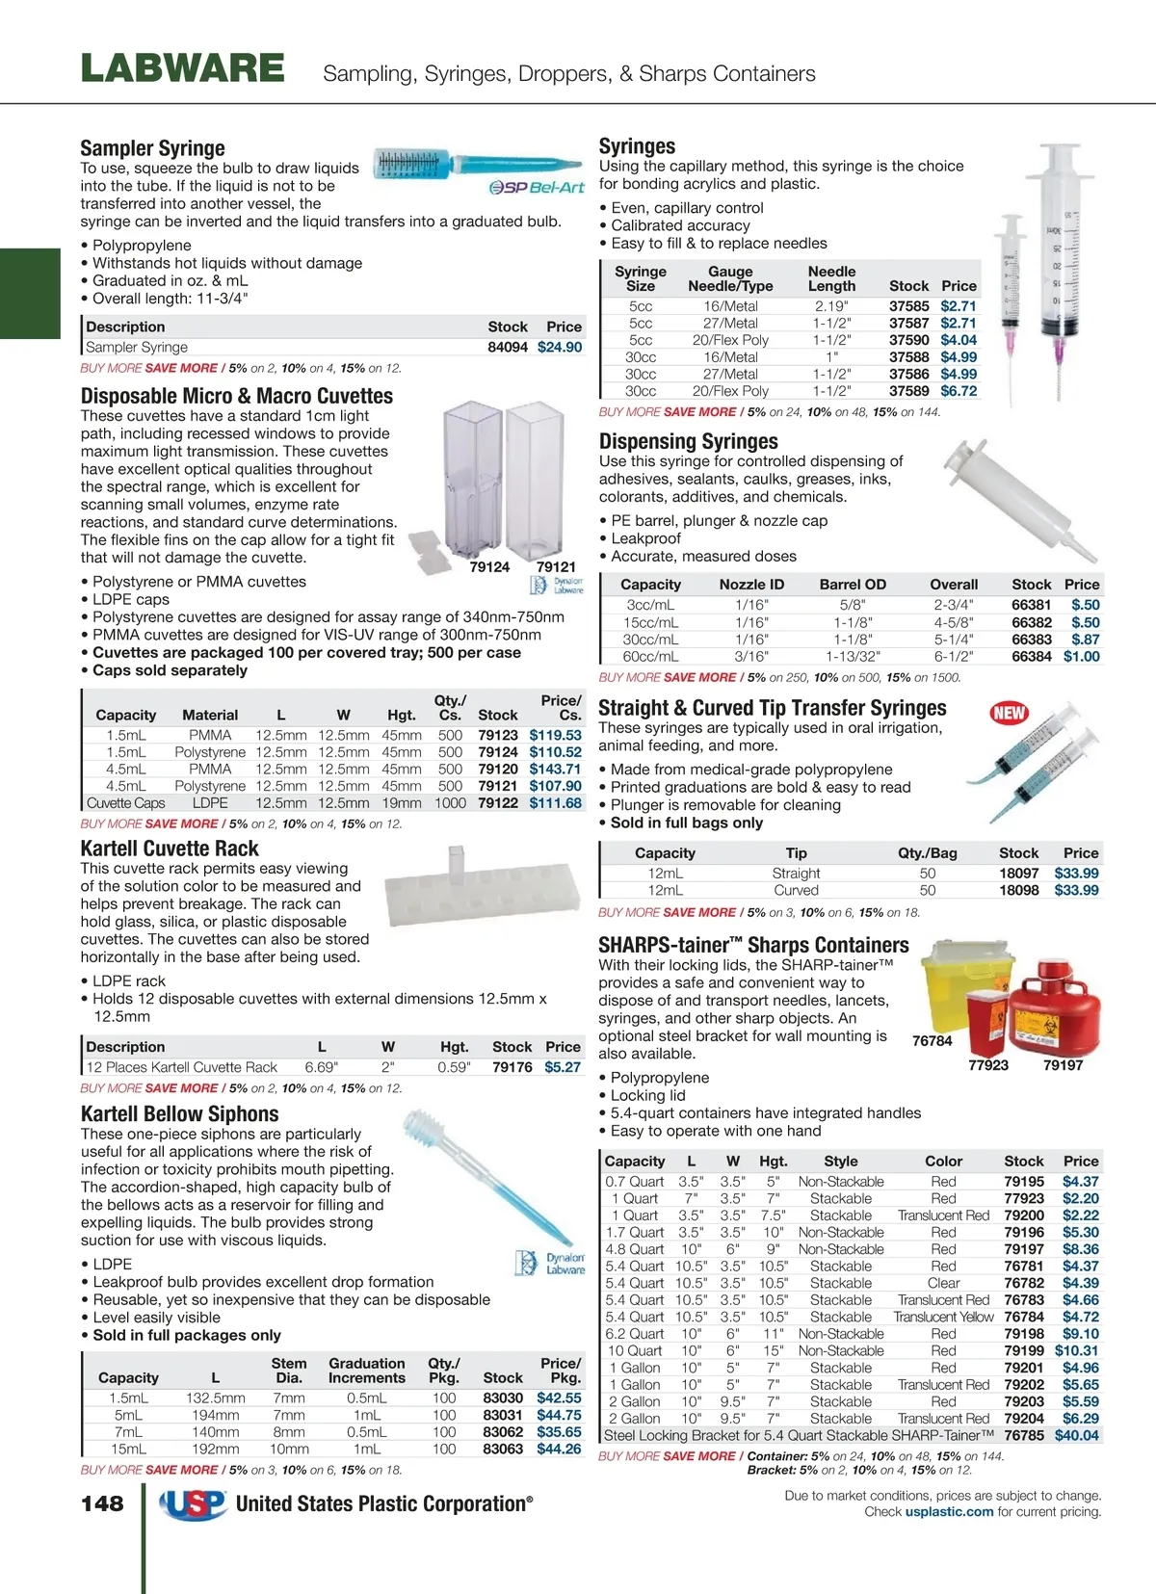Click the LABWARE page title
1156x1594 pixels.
[183, 69]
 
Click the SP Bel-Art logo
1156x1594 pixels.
[537, 187]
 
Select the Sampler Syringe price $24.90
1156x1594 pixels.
[560, 347]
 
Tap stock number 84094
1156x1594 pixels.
[508, 347]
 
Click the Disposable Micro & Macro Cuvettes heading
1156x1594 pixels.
[237, 396]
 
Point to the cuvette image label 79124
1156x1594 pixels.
[489, 567]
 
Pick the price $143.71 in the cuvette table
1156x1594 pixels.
[555, 769]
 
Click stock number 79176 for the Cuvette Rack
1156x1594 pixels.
[512, 1067]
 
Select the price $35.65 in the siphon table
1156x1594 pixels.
[559, 1432]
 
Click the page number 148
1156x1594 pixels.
[102, 1503]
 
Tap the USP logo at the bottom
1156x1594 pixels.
[194, 1503]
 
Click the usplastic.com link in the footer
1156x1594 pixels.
[949, 1512]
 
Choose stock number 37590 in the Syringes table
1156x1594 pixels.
[908, 340]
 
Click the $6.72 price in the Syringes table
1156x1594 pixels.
[959, 391]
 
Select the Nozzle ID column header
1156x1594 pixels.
[751, 585]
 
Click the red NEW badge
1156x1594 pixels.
[1009, 713]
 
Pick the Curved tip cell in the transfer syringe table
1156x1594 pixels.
[796, 890]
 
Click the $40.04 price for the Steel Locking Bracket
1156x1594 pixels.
[1076, 1435]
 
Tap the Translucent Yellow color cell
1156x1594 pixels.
[943, 1317]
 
